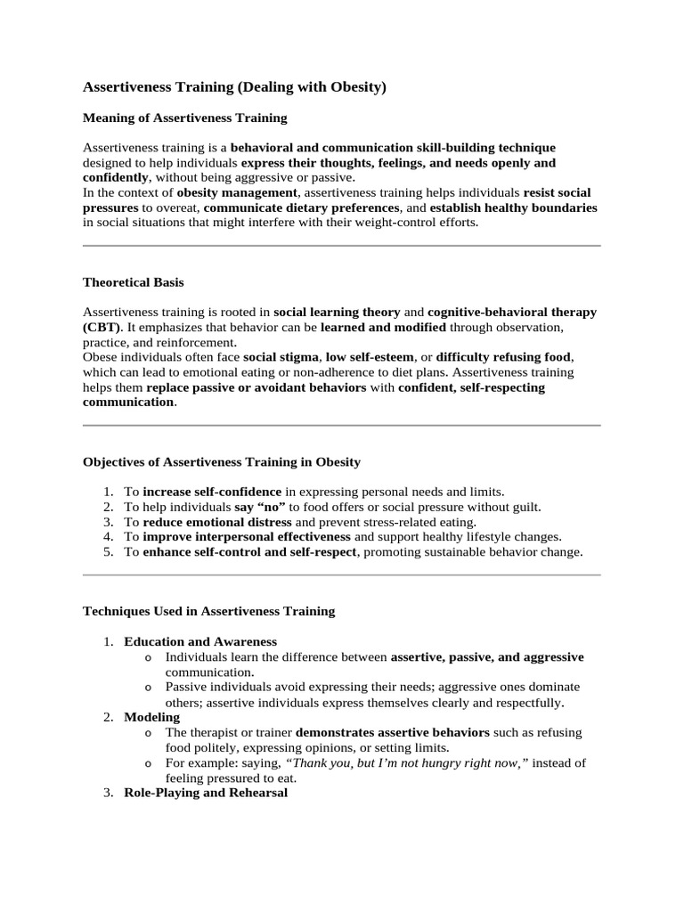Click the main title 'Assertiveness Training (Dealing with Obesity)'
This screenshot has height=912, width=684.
(234, 87)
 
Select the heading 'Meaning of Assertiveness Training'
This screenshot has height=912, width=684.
(184, 118)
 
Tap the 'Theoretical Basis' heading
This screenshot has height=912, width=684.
(134, 282)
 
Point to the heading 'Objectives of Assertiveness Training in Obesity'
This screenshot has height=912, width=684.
(222, 461)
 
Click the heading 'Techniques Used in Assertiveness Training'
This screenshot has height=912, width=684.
(208, 611)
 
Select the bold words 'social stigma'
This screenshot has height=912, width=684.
(281, 357)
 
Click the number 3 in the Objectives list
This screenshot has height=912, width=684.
(108, 522)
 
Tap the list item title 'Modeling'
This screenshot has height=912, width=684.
(151, 717)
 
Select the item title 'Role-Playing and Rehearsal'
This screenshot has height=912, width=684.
(206, 793)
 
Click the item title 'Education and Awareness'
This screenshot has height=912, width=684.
(200, 641)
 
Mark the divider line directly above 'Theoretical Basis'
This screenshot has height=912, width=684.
(341, 245)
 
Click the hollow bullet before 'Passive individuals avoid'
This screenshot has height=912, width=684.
(148, 688)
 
